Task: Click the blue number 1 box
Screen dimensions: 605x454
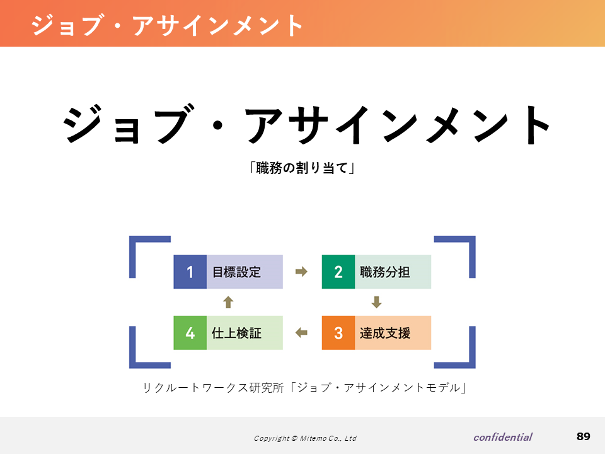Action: click(190, 272)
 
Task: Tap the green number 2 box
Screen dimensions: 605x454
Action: click(338, 272)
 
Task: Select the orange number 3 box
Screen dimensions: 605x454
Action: click(338, 333)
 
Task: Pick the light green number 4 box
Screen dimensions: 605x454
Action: click(190, 333)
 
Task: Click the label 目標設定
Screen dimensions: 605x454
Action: click(236, 272)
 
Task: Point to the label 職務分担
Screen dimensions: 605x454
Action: click(384, 272)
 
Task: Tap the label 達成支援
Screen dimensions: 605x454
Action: click(384, 333)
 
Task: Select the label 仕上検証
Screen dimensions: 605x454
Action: click(236, 333)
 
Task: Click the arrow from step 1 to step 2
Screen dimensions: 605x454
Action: click(301, 272)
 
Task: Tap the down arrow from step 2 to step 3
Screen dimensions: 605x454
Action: click(377, 302)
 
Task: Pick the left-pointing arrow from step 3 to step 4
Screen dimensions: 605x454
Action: click(301, 332)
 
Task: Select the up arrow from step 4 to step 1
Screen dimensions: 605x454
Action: click(228, 302)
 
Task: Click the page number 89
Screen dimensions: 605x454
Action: click(584, 436)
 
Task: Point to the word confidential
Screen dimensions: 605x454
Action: click(503, 437)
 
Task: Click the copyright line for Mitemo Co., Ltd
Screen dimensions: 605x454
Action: click(305, 438)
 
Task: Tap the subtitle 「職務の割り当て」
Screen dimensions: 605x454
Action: click(302, 168)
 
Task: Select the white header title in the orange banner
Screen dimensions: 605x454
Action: click(167, 25)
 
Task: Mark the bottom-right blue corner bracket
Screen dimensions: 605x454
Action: click(472, 365)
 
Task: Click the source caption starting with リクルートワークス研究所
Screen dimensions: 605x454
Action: click(305, 387)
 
